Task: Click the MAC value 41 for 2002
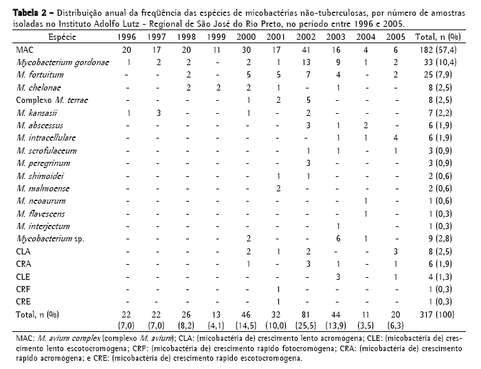[308, 50]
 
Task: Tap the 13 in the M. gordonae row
[308, 62]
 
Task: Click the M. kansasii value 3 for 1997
[158, 112]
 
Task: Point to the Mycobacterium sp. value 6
[338, 237]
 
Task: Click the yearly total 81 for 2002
[308, 313]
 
